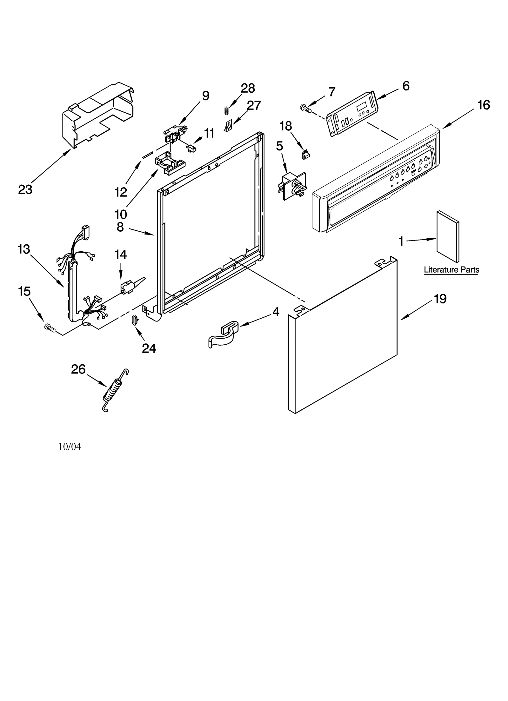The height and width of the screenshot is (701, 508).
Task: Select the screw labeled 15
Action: point(50,327)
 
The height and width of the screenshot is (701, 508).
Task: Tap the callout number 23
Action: point(25,189)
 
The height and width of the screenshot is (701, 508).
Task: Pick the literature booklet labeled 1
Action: point(447,236)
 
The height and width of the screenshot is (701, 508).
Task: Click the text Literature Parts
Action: point(451,270)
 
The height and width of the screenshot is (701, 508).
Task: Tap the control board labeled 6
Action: point(352,114)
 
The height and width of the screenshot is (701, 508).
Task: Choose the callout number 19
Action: point(440,299)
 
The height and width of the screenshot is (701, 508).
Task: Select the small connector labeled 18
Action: point(305,155)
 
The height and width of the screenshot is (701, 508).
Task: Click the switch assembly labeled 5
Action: point(291,187)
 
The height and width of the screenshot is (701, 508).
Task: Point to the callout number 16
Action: point(483,105)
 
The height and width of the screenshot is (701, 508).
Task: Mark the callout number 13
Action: point(23,249)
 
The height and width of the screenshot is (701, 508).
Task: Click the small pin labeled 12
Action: point(148,155)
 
